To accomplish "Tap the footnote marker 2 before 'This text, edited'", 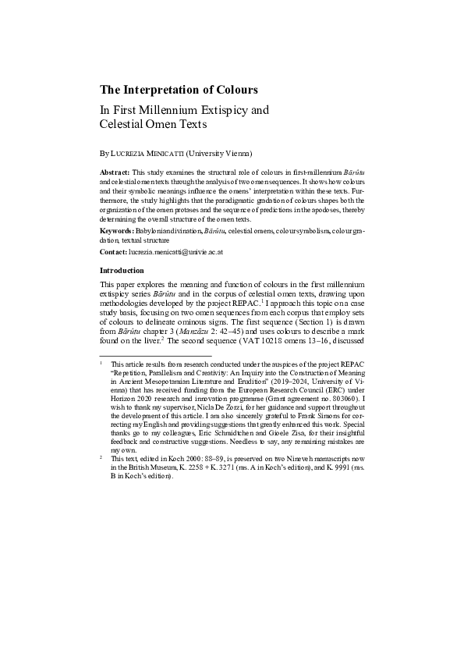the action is pos(101,457).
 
